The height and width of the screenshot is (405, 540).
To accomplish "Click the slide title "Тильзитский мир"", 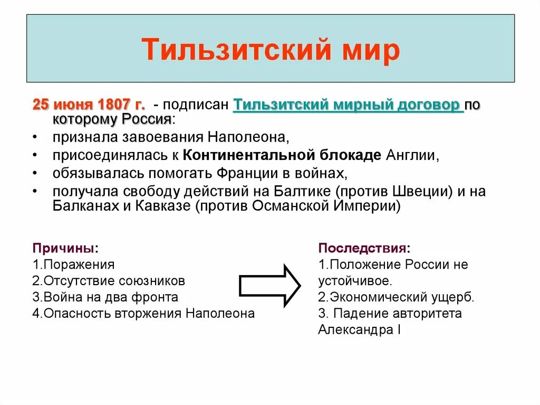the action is pos(270,50).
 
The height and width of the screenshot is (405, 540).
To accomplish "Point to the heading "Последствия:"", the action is pos(364,248).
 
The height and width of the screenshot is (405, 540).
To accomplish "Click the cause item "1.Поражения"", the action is pos(73,265).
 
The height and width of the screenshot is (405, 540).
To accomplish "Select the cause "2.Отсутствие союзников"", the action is pos(109,281).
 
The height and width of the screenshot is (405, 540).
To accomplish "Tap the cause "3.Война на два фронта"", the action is pos(105,297).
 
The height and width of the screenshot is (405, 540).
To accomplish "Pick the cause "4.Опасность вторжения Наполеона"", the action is pos(143,314).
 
